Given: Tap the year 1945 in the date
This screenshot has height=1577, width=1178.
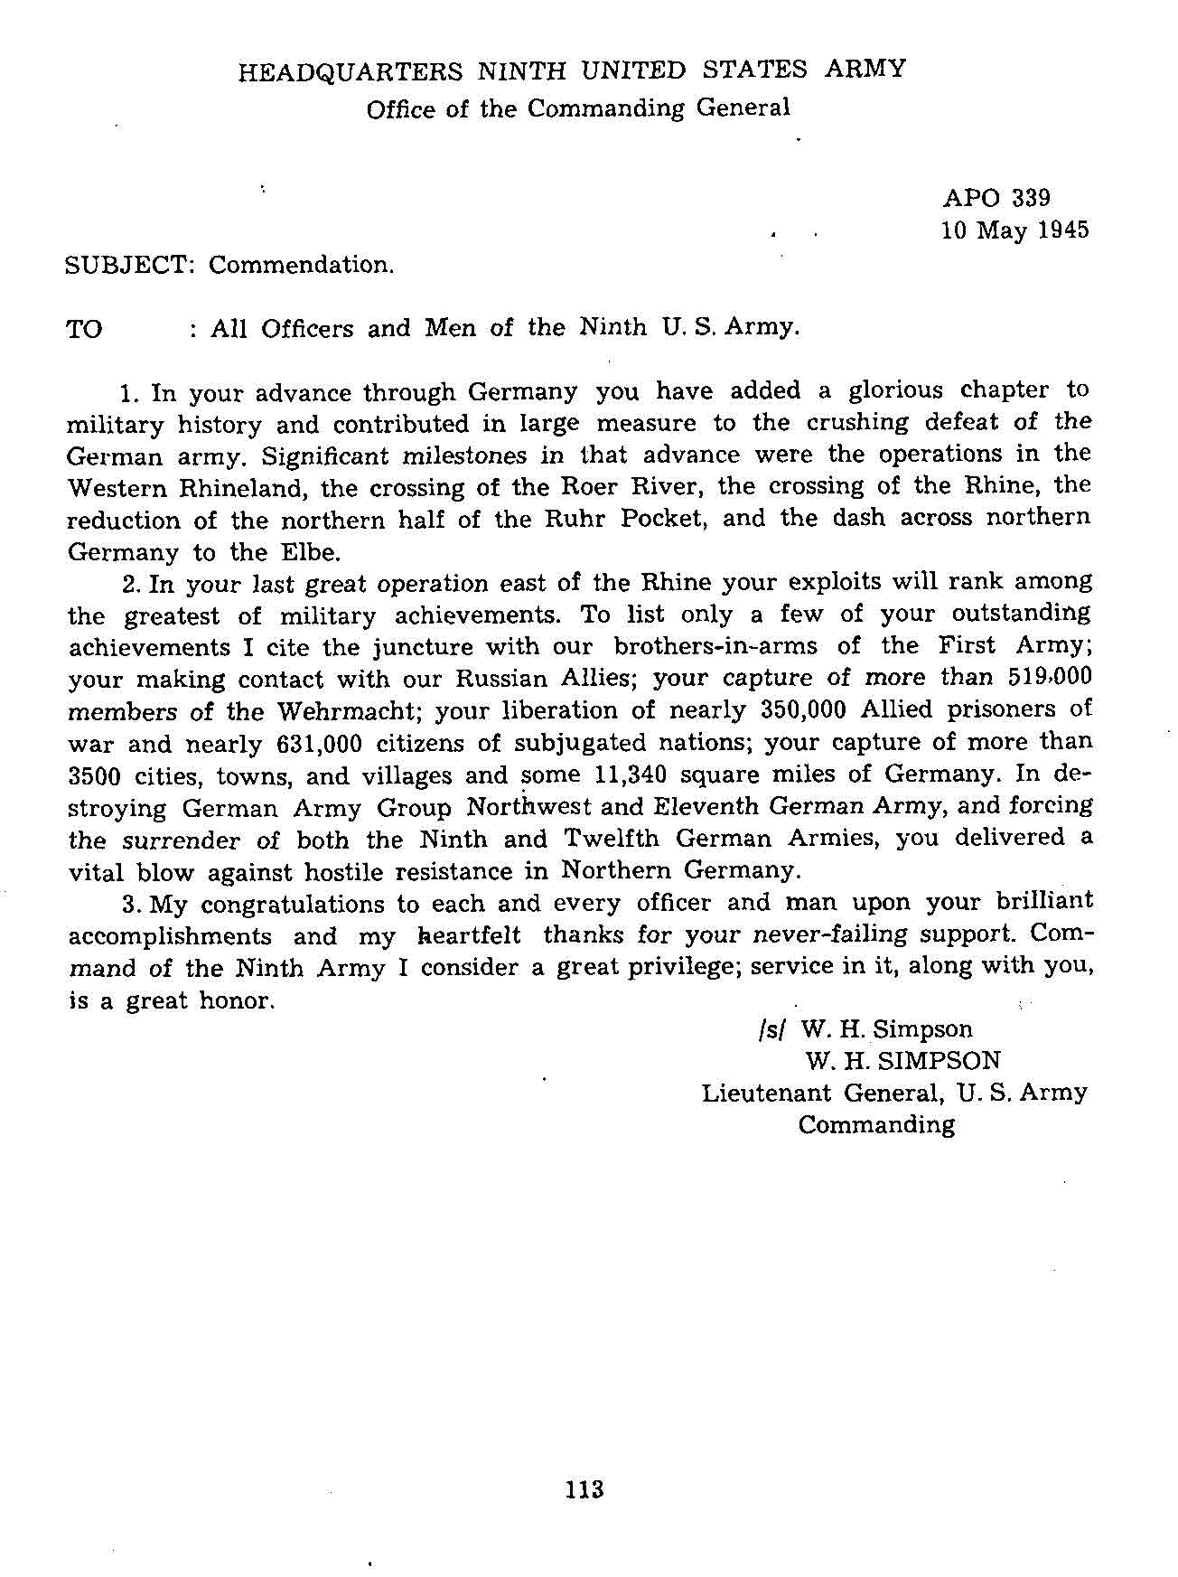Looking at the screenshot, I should (x=1064, y=230).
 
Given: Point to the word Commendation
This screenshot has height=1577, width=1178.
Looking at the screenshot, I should (x=302, y=266).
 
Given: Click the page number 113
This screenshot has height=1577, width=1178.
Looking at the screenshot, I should (x=584, y=1489).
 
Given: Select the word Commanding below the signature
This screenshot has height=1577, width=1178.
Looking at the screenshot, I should (x=875, y=1125).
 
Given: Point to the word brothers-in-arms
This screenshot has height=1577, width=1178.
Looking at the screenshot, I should (x=715, y=646).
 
